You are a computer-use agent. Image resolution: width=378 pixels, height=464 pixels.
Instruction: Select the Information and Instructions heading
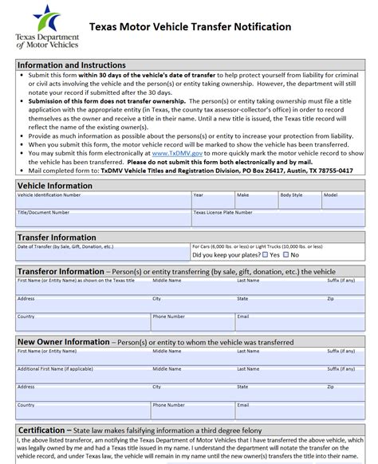tap(72, 65)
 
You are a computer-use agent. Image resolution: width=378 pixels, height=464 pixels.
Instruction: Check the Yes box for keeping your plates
tap(266, 255)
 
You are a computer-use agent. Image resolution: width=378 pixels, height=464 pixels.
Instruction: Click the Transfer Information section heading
tap(57, 237)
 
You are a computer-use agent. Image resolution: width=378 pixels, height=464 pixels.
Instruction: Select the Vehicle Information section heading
tap(55, 185)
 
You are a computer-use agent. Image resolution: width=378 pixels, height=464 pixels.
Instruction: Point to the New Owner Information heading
tap(62, 341)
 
